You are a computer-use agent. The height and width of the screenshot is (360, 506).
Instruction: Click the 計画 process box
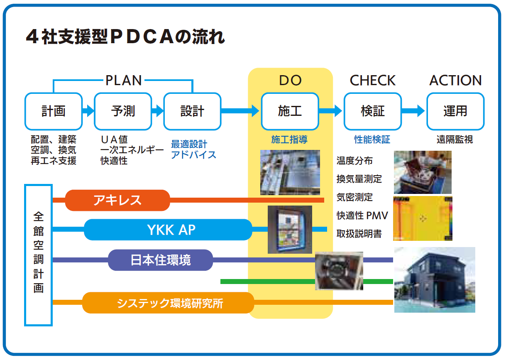[x=54, y=111]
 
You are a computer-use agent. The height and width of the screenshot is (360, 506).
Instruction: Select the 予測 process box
[x=123, y=111]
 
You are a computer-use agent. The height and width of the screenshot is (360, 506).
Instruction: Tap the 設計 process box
[x=192, y=111]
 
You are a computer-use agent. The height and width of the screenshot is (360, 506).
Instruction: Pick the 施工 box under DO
[x=290, y=111]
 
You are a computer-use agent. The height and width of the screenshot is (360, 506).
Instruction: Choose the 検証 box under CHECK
[x=372, y=111]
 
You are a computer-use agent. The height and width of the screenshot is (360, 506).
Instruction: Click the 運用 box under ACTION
[x=455, y=111]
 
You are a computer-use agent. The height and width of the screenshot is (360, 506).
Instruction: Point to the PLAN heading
[x=123, y=80]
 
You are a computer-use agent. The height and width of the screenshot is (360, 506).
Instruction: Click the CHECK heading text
[x=372, y=81]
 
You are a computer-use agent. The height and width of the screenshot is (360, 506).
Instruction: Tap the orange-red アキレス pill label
[x=118, y=200]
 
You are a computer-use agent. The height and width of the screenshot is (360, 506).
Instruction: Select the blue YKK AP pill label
[x=168, y=230]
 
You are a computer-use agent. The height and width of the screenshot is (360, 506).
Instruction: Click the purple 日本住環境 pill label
[x=161, y=260]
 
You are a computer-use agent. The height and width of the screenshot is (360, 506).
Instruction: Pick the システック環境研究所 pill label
[x=168, y=303]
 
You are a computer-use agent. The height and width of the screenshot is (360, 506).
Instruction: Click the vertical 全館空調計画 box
[x=39, y=255]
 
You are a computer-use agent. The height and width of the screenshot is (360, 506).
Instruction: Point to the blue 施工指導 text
[x=289, y=140]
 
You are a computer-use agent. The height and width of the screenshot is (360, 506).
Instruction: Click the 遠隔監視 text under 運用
[x=455, y=140]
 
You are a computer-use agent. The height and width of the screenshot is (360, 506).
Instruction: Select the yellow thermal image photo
[x=423, y=218]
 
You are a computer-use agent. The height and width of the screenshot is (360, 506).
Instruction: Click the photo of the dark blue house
[x=434, y=279]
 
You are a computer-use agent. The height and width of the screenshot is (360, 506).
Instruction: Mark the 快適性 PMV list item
[x=362, y=216]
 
